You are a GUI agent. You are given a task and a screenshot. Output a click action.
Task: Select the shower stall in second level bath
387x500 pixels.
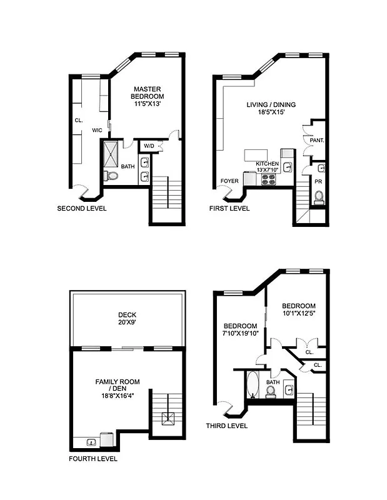click(x=114, y=153)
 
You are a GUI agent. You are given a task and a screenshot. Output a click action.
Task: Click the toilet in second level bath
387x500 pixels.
click(x=112, y=176)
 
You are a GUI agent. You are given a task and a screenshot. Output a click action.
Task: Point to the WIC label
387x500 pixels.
click(x=97, y=130)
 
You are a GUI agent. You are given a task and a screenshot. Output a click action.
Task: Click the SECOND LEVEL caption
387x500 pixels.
click(x=81, y=208)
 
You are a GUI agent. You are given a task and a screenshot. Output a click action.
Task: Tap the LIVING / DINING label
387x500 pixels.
click(x=271, y=105)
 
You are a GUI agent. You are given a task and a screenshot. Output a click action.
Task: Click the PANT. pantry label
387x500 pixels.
click(x=316, y=141)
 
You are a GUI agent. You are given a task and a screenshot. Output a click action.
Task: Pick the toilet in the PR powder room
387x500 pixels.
click(x=319, y=196)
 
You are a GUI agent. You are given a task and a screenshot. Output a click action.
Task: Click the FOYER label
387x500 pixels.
click(x=228, y=181)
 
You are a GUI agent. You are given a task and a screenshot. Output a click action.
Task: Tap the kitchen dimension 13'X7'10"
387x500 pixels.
click(x=268, y=170)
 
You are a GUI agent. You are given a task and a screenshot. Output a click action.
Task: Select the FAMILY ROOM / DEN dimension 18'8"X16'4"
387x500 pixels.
click(x=117, y=396)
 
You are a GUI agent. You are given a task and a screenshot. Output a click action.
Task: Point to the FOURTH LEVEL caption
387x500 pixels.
click(x=93, y=459)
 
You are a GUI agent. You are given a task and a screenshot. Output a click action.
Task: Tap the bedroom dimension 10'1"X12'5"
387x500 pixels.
click(x=297, y=313)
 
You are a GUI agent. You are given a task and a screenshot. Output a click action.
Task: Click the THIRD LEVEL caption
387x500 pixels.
click(x=226, y=426)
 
